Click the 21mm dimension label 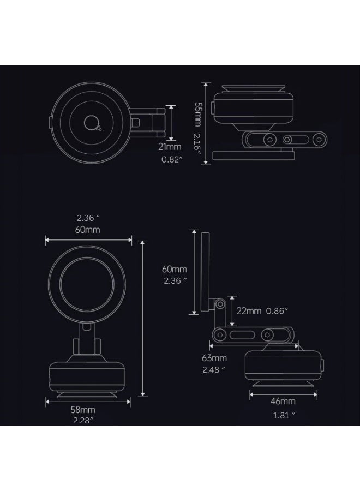(170, 147)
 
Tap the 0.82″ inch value (172, 159)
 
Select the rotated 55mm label (198, 115)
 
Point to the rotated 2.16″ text (198, 146)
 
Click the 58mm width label (83, 410)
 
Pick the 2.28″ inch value (83, 420)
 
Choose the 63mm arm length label (214, 357)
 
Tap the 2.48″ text (214, 369)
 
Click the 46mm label (283, 401)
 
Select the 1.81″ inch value (284, 415)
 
